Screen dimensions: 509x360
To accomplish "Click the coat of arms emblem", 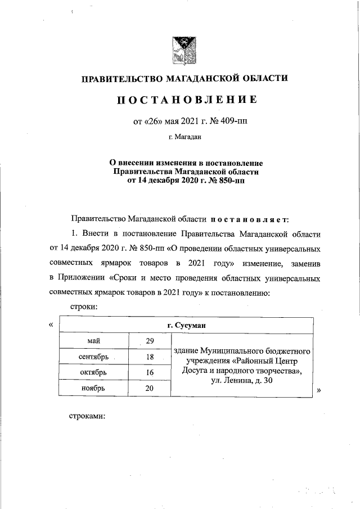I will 183,49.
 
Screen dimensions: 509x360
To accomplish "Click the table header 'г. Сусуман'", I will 185,325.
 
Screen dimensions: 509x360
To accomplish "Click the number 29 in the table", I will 150,341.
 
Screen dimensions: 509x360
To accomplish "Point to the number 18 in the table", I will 150,357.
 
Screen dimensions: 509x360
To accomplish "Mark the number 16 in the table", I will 150,372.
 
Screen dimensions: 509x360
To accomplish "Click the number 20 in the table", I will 150,388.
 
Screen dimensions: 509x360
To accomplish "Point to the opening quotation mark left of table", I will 51,325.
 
